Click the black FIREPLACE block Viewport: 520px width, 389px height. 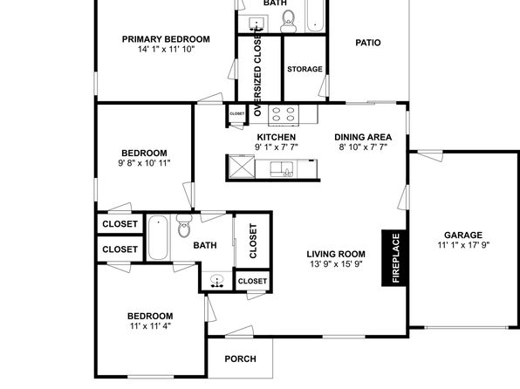pyautogui.click(x=393, y=257)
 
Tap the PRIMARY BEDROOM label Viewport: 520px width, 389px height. pyautogui.click(x=166, y=39)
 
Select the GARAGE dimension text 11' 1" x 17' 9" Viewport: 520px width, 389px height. pyautogui.click(x=463, y=245)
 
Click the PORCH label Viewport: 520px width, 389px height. pyautogui.click(x=240, y=358)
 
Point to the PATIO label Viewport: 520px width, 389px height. pyautogui.click(x=368, y=43)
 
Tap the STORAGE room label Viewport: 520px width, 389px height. pyautogui.click(x=304, y=69)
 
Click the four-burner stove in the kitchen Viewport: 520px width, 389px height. pyautogui.click(x=284, y=115)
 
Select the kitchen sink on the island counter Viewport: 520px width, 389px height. pyautogui.click(x=281, y=169)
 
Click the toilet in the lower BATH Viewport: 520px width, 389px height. pyautogui.click(x=184, y=225)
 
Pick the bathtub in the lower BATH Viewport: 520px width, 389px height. pyautogui.click(x=158, y=237)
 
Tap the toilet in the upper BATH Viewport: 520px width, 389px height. pyautogui.click(x=288, y=21)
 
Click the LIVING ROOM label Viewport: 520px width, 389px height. pyautogui.click(x=336, y=254)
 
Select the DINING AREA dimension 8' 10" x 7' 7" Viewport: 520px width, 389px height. pyautogui.click(x=363, y=147)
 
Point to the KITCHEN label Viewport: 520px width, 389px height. pyautogui.click(x=277, y=137)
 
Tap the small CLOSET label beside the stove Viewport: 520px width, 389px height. pyautogui.click(x=236, y=113)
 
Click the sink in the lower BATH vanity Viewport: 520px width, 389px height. pyautogui.click(x=216, y=281)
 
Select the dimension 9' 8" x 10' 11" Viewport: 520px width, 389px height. pyautogui.click(x=144, y=163)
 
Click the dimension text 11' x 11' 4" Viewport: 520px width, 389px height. pyautogui.click(x=150, y=326)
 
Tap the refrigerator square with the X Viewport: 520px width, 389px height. pyautogui.click(x=242, y=167)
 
